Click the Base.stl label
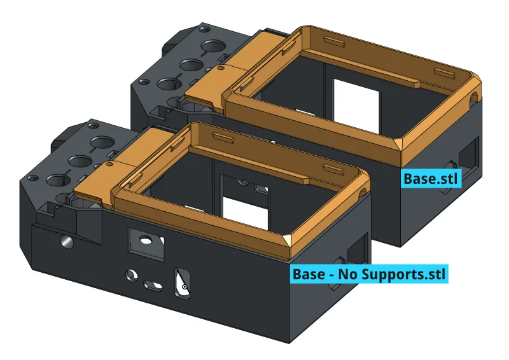pos(431,179)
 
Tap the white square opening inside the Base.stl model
pos(356,106)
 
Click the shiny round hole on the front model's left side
pos(67,242)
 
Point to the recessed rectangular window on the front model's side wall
pos(146,244)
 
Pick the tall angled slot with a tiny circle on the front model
pos(182,284)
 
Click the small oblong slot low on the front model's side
pos(153,286)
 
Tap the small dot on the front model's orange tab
pos(109,164)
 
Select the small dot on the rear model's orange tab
pos(220,68)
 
